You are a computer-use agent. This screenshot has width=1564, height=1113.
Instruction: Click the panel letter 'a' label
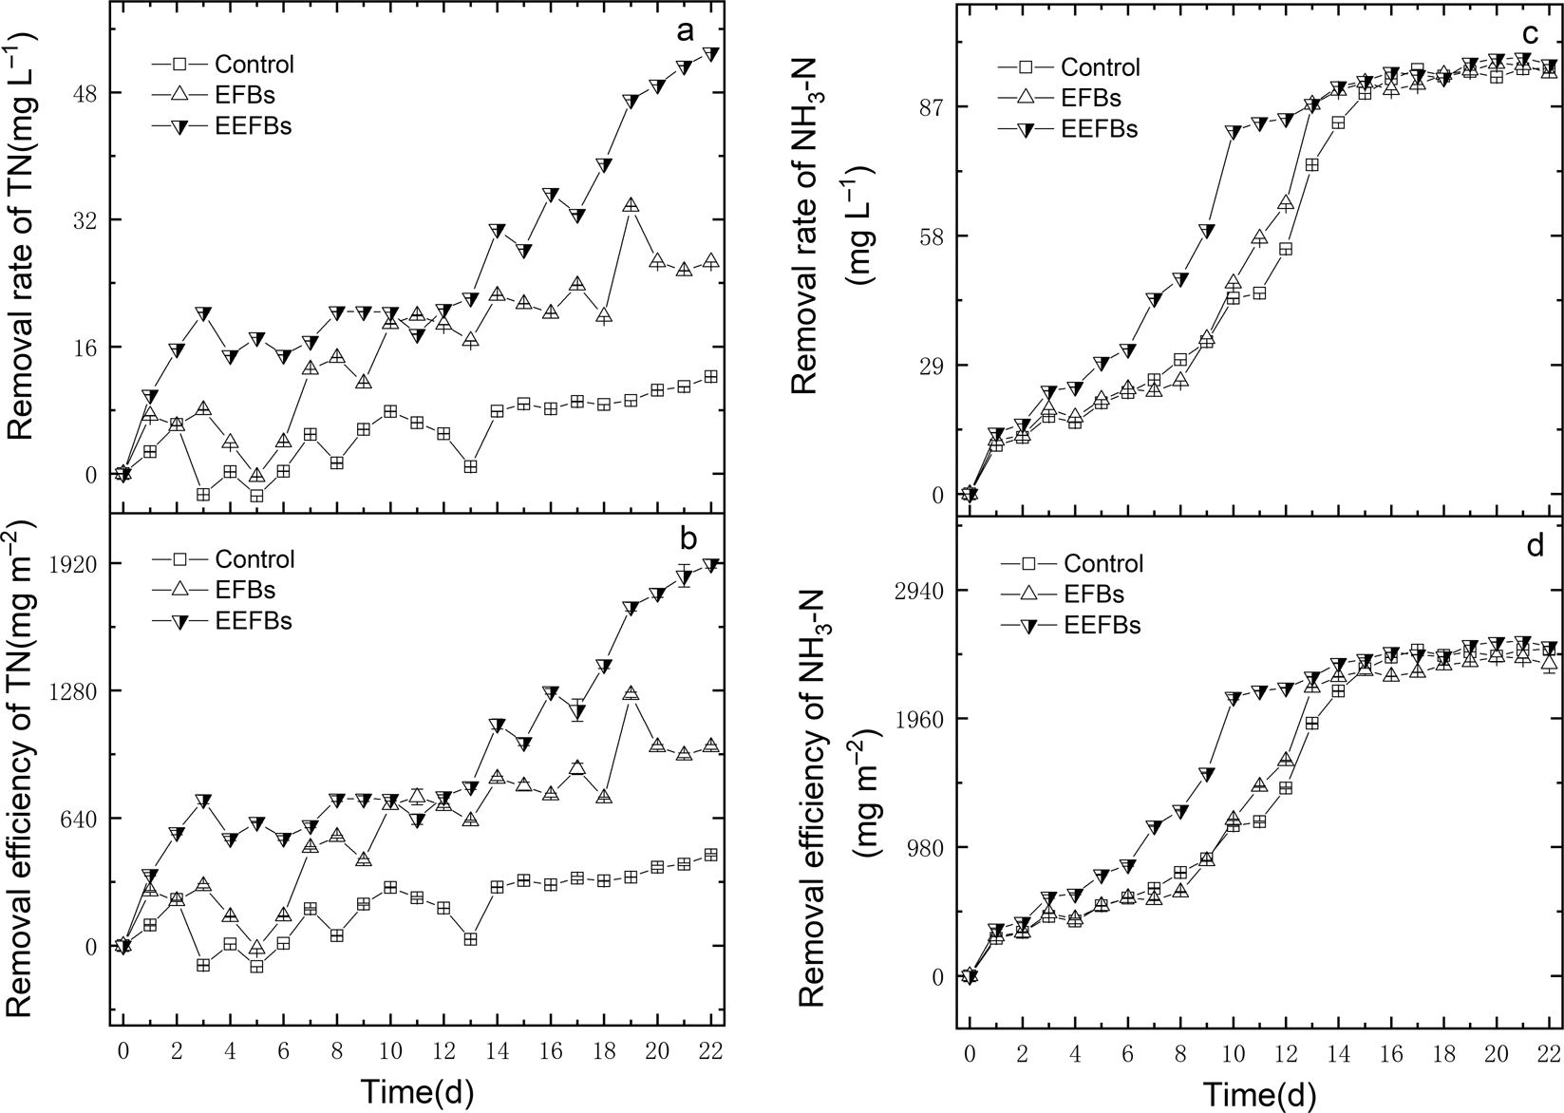pyautogui.click(x=686, y=31)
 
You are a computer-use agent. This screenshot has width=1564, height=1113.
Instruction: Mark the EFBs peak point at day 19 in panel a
pyautogui.click(x=631, y=205)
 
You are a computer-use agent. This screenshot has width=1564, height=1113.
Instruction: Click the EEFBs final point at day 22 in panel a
pyautogui.click(x=711, y=54)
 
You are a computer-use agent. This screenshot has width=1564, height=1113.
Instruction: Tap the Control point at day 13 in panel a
pyautogui.click(x=470, y=466)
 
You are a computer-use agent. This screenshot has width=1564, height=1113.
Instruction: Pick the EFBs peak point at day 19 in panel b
pyautogui.click(x=631, y=693)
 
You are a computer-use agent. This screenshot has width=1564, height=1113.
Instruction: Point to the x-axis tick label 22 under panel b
pyautogui.click(x=711, y=1050)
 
